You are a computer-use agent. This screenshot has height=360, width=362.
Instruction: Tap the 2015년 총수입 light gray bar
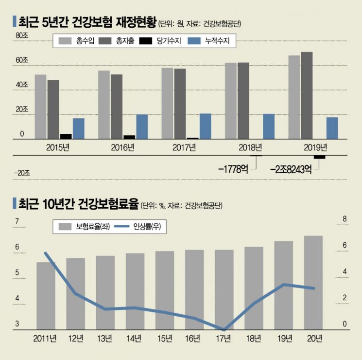coord(41,107)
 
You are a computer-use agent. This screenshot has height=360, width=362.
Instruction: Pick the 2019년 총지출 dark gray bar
coord(307,95)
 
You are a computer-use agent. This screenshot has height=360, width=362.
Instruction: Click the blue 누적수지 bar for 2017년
coord(206,126)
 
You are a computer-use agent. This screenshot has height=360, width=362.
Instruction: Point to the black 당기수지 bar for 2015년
coord(66,136)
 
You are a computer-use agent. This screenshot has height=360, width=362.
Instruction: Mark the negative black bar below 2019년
coord(319,157)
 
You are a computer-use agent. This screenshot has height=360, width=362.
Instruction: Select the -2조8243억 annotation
coord(291,169)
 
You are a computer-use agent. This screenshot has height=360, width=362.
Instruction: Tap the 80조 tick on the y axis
coord(22,35)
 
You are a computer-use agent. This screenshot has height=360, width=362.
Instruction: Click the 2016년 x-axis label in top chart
coord(122,147)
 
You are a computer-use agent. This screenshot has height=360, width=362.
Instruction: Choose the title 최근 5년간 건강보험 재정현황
coord(86,22)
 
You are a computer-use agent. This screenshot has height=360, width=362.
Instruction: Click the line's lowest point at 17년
coord(224,329)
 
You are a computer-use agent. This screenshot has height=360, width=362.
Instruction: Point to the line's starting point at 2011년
coord(46,253)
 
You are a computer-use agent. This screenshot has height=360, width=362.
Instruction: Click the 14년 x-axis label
coord(134,338)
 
